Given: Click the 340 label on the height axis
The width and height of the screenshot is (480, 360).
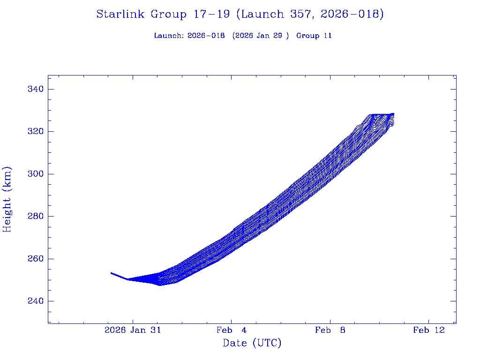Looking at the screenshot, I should pyautogui.click(x=35, y=89).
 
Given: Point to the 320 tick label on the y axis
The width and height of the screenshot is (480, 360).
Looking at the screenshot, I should pyautogui.click(x=35, y=131).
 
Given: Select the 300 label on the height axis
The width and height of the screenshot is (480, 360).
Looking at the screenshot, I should pyautogui.click(x=35, y=174).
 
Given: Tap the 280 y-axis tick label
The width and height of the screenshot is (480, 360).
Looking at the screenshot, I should pyautogui.click(x=35, y=216).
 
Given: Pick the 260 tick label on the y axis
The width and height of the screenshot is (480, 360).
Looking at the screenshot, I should pyautogui.click(x=35, y=259).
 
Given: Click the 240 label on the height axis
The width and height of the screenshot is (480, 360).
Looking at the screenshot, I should pyautogui.click(x=35, y=301).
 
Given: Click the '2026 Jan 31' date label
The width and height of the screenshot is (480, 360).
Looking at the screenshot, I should pyautogui.click(x=133, y=330).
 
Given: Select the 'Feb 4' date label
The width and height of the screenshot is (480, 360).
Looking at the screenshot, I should pyautogui.click(x=231, y=330).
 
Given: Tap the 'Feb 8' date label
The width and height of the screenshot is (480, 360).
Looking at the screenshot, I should pyautogui.click(x=330, y=330).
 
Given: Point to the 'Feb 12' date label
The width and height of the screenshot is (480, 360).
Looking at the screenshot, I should pyautogui.click(x=428, y=330).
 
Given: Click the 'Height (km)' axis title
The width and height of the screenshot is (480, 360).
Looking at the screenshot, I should pyautogui.click(x=7, y=199).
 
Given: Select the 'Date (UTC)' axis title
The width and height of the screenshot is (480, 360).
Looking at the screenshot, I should pyautogui.click(x=252, y=343).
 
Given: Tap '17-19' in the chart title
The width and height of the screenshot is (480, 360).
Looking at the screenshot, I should pyautogui.click(x=211, y=15).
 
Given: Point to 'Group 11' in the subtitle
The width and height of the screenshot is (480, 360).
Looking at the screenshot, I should pyautogui.click(x=314, y=36).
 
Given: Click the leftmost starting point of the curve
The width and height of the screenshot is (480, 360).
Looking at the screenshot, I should pyautogui.click(x=112, y=273).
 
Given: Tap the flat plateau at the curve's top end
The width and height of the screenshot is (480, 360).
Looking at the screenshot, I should pyautogui.click(x=381, y=114).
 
